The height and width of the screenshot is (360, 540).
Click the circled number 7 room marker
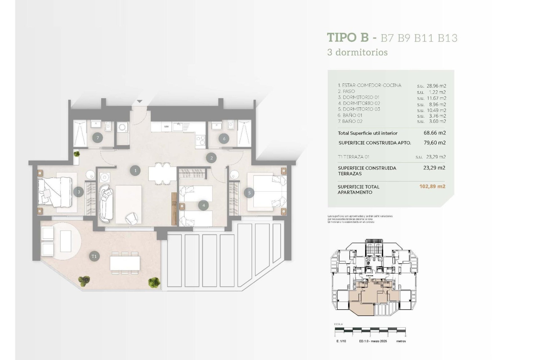pyautogui.click(x=98, y=138)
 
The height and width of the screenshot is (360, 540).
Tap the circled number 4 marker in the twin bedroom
pyautogui.click(x=204, y=205)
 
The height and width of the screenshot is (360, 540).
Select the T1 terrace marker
pyautogui.click(x=94, y=256)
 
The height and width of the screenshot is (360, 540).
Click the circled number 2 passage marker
pyautogui.click(x=211, y=158)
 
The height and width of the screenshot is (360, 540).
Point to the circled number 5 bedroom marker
pyautogui.click(x=249, y=193)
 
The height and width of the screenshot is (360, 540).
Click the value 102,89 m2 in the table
pyautogui.click(x=432, y=186)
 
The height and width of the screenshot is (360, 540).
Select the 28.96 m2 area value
pyautogui.click(x=436, y=86)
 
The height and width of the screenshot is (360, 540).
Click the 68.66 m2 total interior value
pyautogui.click(x=435, y=133)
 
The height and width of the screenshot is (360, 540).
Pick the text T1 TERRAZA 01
pyautogui.click(x=354, y=157)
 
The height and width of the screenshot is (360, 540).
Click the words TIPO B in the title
pyautogui.click(x=348, y=37)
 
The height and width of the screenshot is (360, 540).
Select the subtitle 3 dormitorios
pyautogui.click(x=357, y=52)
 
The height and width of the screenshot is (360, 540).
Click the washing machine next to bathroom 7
pyautogui.click(x=123, y=128)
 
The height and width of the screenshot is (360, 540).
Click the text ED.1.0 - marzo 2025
pyautogui.click(x=373, y=341)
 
